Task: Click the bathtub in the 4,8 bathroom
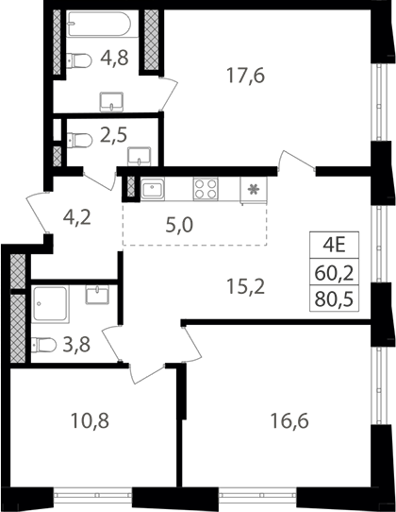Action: [100, 24]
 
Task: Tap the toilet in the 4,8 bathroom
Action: [79, 60]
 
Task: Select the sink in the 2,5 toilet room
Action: [140, 156]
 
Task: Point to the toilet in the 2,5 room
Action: [79, 140]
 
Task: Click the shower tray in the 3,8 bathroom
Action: [51, 303]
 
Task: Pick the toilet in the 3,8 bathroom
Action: [43, 345]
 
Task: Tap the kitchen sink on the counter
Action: [153, 189]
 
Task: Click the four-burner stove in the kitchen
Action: [206, 189]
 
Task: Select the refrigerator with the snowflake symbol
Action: [254, 191]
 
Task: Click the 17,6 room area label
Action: [246, 77]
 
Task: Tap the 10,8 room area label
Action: [90, 420]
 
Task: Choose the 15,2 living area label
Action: [246, 287]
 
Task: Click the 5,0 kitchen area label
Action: [179, 226]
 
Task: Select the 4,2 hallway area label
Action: [77, 218]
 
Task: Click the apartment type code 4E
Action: [334, 246]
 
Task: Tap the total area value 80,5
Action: [334, 299]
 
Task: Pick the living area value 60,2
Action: [334, 273]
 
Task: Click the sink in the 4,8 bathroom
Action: [112, 102]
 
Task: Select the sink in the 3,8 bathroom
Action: [97, 294]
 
